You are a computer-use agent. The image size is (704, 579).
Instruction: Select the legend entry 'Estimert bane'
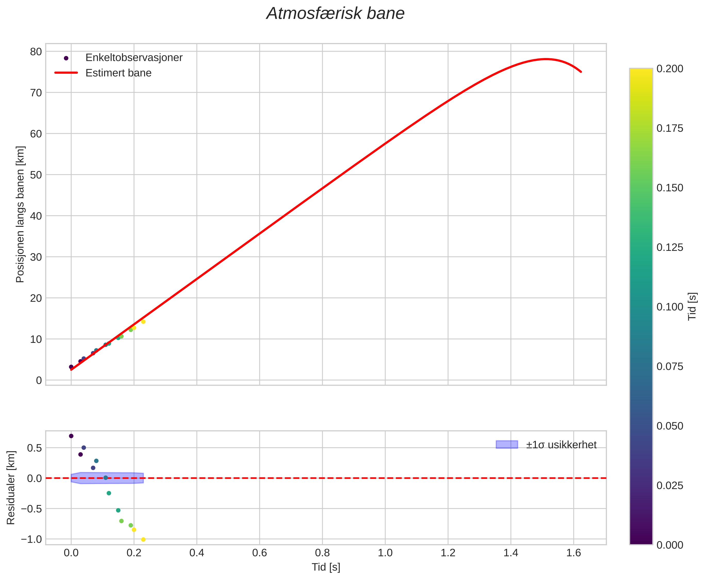click(x=118, y=73)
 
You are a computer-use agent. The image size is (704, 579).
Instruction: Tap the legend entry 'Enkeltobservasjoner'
click(x=134, y=58)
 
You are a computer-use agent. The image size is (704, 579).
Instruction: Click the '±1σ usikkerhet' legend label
click(x=561, y=445)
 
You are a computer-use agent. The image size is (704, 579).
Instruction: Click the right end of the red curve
click(x=581, y=72)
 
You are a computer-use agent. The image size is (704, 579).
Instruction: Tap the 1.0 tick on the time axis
click(x=385, y=553)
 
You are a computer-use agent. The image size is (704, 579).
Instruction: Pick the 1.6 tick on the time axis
click(x=574, y=553)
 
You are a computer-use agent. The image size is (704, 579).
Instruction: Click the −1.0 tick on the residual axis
click(x=32, y=539)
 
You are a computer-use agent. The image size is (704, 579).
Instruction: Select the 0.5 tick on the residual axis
click(x=34, y=448)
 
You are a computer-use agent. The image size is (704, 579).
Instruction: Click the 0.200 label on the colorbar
click(x=670, y=69)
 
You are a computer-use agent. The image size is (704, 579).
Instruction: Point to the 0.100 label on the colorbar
click(x=670, y=307)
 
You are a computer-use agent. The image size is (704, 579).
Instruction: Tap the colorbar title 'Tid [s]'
click(x=693, y=306)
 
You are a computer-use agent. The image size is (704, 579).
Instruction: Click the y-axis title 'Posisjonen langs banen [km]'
click(x=20, y=214)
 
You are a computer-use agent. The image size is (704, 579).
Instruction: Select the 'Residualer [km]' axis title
click(x=11, y=488)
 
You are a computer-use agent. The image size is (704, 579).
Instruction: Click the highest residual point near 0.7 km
click(x=71, y=436)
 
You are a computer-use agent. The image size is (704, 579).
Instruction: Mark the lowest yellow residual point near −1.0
click(x=143, y=540)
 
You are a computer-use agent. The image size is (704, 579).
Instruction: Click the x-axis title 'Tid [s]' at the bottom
click(x=326, y=567)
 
